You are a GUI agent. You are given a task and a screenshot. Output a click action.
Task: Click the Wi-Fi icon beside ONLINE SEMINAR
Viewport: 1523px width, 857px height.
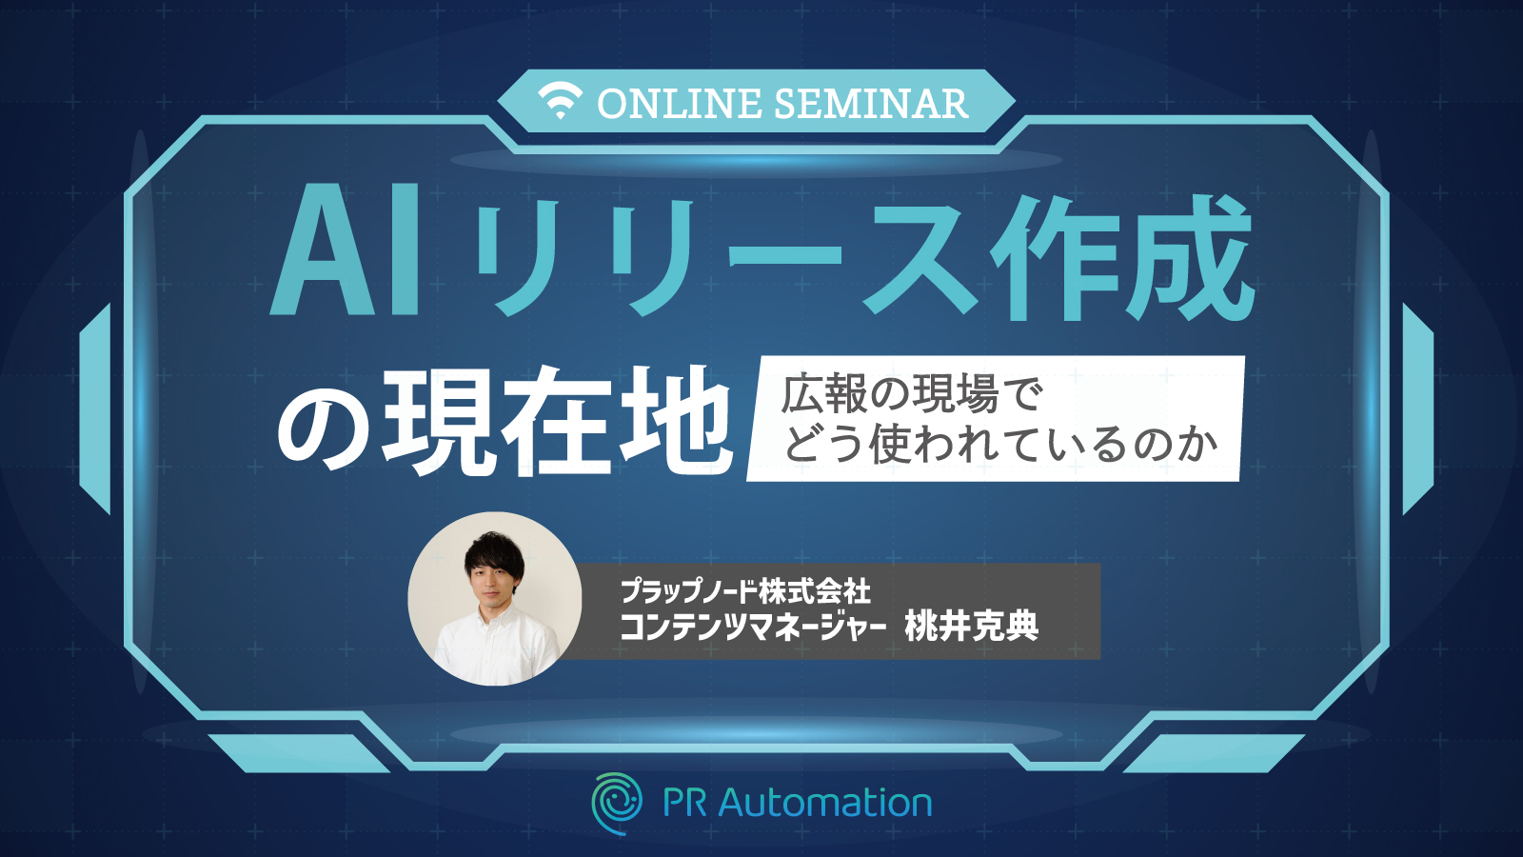[561, 101]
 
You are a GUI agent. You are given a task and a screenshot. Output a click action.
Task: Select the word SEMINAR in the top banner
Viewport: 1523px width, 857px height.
[871, 104]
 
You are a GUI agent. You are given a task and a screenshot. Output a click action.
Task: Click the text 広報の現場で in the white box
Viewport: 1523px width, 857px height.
[912, 395]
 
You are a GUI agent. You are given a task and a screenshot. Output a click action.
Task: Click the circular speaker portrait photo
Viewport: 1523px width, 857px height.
[494, 599]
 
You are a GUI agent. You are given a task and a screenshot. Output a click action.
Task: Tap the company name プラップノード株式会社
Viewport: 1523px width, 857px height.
[744, 590]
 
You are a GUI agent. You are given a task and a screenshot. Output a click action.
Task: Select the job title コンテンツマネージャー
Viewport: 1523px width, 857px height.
[753, 627]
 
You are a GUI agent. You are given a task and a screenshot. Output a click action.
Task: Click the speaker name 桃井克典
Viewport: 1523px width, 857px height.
[971, 626]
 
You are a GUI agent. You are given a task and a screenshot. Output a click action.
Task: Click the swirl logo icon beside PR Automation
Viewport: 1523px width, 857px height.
[617, 804]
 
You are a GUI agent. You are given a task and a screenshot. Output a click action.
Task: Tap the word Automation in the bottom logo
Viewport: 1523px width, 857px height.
[824, 804]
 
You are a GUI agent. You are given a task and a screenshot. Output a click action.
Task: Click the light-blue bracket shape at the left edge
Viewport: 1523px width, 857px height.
[95, 409]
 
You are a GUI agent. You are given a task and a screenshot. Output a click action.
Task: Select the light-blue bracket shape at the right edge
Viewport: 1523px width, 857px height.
[1418, 409]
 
